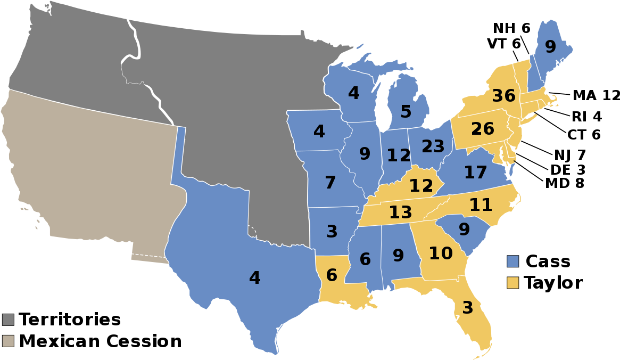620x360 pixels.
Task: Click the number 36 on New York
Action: tap(503, 96)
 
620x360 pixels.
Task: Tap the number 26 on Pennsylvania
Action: tap(483, 129)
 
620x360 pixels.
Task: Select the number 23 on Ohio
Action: tap(433, 146)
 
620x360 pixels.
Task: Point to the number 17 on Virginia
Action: tap(475, 173)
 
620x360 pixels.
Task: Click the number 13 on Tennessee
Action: tap(400, 212)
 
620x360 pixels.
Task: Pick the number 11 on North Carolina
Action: tap(481, 205)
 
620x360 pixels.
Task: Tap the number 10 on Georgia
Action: tap(441, 253)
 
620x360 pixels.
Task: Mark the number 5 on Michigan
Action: tap(406, 112)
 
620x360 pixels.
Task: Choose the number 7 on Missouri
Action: tap(330, 183)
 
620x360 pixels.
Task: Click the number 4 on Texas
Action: tap(254, 278)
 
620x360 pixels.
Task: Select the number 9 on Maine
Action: tap(550, 47)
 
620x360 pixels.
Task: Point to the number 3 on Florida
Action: tap(467, 308)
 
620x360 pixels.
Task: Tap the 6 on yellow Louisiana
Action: tap(331, 275)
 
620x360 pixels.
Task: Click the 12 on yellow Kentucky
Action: tap(421, 186)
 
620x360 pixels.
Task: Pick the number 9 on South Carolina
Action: tap(464, 230)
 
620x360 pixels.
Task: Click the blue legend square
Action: tap(512, 261)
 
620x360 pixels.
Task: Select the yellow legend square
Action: tap(512, 283)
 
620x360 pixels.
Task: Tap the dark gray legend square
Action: tap(8, 320)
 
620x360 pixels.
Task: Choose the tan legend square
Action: tap(8, 341)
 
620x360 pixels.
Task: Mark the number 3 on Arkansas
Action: tap(332, 232)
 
